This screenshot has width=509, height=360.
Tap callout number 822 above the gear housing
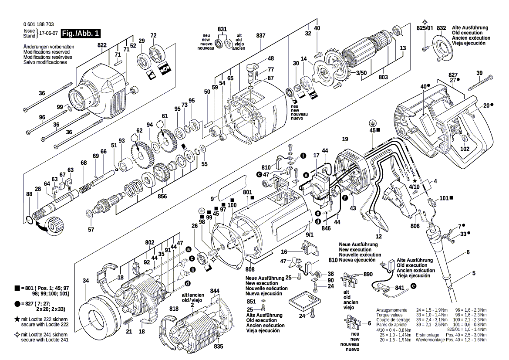pos(102,45)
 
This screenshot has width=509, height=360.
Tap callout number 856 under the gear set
pos(162,196)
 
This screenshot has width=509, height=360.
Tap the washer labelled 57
pos(89,213)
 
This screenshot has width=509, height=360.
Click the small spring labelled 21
pos(128,321)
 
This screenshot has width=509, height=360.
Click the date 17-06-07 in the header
pos(48,33)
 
